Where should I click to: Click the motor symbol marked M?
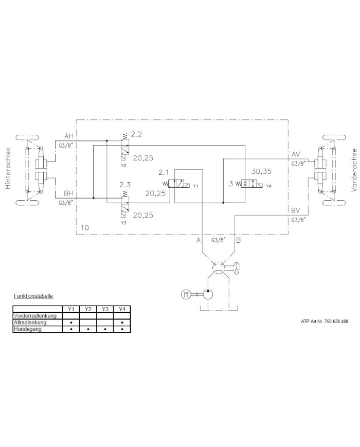[186, 294]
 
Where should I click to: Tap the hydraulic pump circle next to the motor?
[208, 294]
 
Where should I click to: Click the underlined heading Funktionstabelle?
[33, 296]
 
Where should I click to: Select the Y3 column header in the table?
[105, 309]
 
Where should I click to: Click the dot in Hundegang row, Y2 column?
[88, 329]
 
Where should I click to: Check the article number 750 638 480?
[325, 321]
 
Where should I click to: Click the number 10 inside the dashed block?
[85, 227]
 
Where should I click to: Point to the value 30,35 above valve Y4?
[262, 171]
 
